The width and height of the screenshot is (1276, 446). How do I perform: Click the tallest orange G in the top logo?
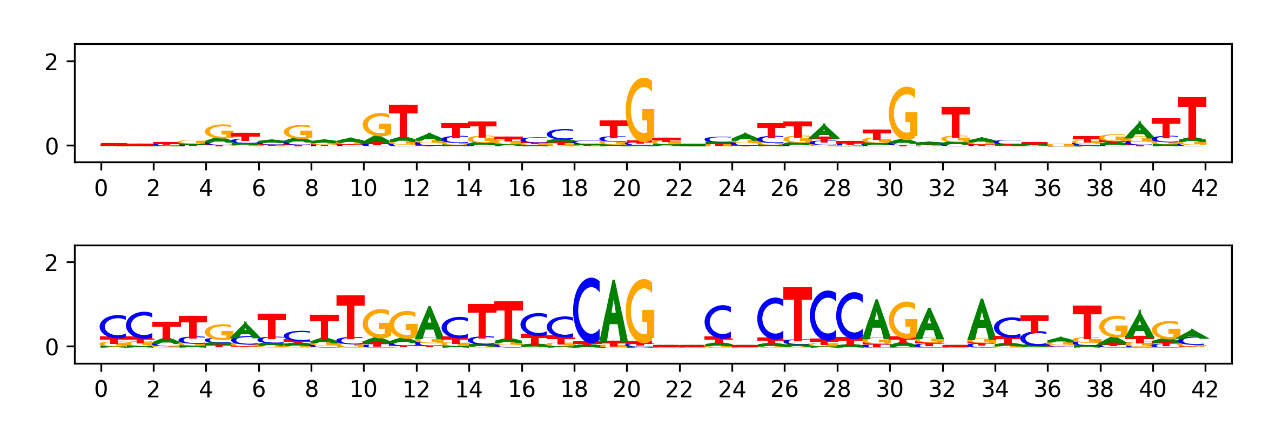click(x=640, y=111)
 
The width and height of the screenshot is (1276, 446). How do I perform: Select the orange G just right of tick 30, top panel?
click(x=903, y=114)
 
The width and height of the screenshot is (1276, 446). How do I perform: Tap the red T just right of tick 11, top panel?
click(x=403, y=123)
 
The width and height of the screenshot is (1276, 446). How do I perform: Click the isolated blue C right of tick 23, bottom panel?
click(x=718, y=322)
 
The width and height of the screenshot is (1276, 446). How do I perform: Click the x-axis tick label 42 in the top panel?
click(x=1205, y=188)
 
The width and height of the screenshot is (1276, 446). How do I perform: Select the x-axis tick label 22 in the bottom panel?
click(x=679, y=389)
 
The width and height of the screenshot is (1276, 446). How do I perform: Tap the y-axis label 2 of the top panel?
click(x=51, y=63)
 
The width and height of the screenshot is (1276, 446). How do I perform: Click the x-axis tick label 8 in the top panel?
click(x=311, y=188)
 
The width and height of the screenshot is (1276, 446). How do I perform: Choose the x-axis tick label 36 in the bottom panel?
click(x=1047, y=389)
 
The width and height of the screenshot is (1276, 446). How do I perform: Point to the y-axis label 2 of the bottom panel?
click(x=51, y=263)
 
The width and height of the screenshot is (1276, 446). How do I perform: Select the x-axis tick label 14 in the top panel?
click(x=469, y=188)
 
